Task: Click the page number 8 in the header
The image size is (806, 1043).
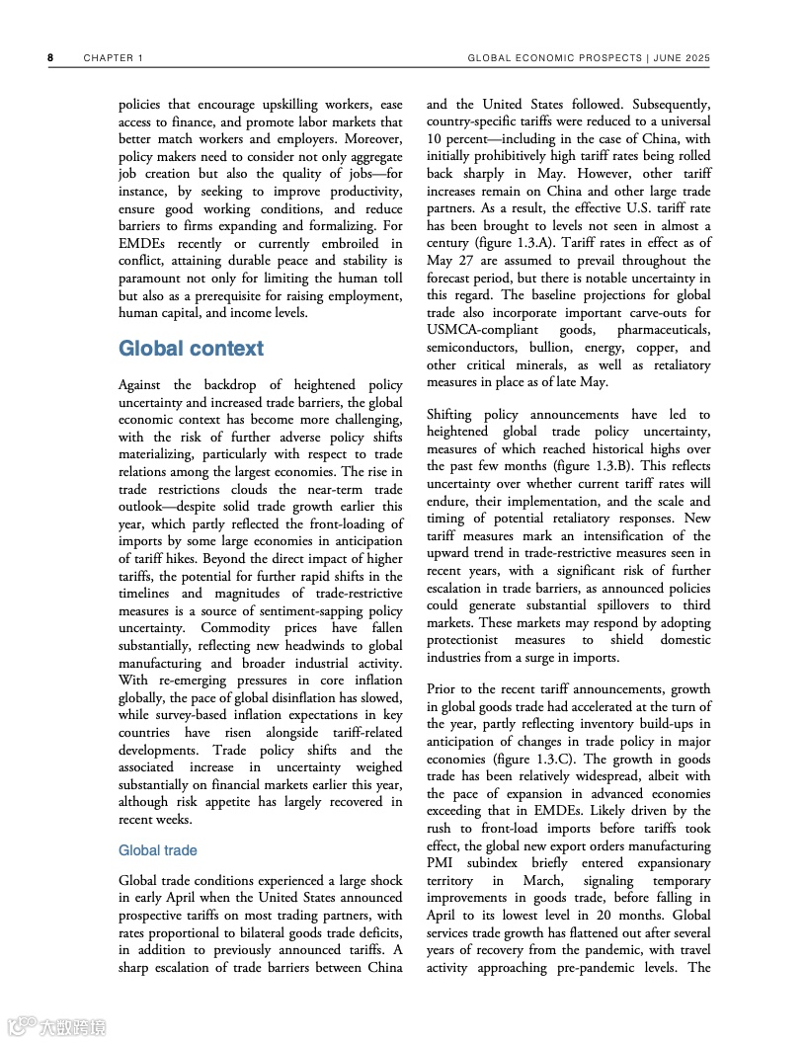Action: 50,58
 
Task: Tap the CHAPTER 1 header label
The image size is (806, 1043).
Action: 114,58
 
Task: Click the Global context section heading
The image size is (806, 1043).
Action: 191,349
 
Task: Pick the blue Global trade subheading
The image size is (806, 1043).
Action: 158,850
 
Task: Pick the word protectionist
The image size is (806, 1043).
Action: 469,640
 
